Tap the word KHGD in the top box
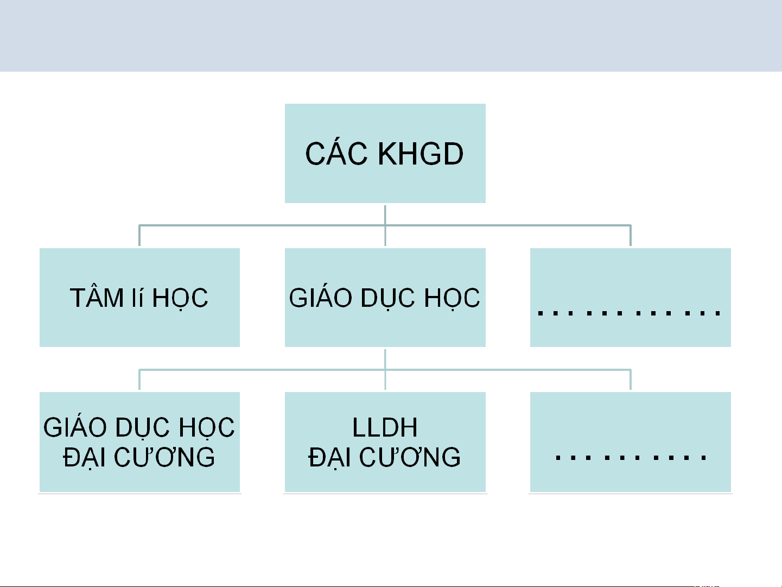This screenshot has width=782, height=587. click(421, 154)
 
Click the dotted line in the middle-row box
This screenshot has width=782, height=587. click(629, 313)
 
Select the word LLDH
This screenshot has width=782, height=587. click(385, 428)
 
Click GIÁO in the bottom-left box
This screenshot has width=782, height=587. click(74, 428)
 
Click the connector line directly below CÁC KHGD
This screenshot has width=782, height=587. click(385, 215)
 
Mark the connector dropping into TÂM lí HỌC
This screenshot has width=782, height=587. click(139, 236)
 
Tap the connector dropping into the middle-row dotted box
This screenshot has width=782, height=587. click(630, 236)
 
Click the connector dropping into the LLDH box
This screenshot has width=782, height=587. click(385, 380)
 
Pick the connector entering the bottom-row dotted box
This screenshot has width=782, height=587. click(630, 380)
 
